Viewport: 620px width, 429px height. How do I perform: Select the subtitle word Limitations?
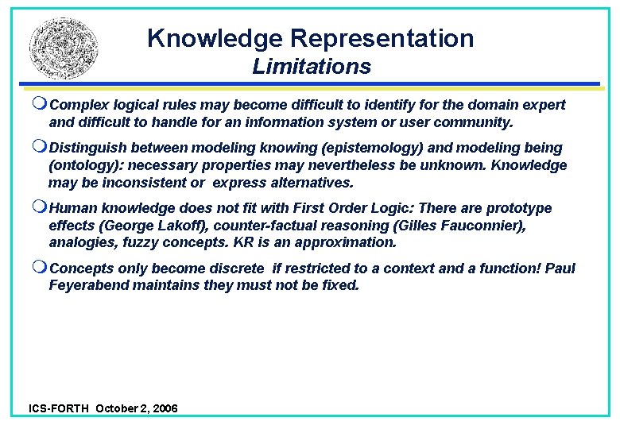312,67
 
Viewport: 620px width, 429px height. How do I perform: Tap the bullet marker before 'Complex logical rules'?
41,105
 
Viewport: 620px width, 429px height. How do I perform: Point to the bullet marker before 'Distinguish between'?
41,148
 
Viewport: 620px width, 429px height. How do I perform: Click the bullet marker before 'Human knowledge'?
41,208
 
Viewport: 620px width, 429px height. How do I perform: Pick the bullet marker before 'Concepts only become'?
41,269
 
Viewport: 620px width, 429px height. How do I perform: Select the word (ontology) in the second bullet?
85,165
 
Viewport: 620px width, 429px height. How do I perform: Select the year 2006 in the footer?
163,408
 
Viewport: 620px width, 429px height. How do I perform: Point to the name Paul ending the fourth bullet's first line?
559,269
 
